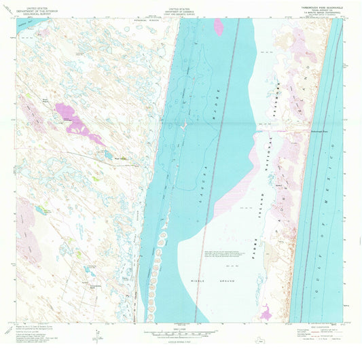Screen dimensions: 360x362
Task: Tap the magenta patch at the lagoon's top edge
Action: point(219,27)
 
